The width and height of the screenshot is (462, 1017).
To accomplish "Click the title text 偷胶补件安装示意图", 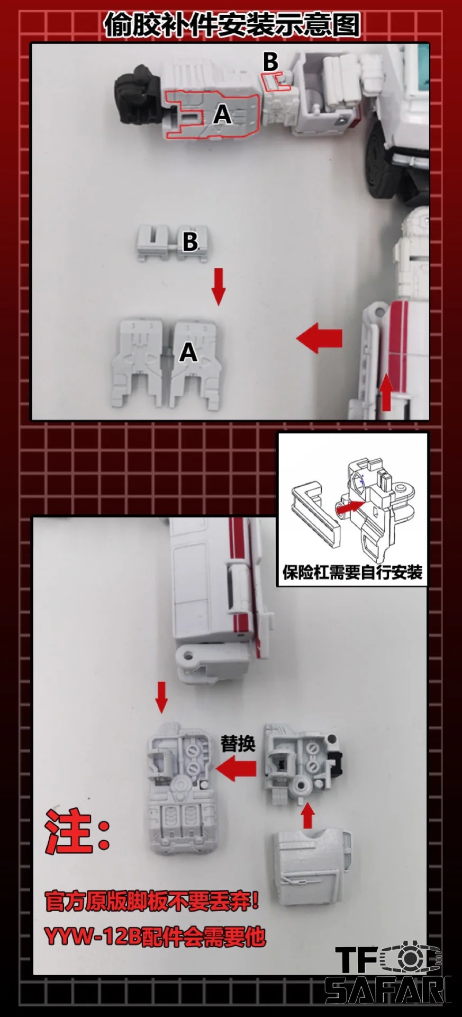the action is [232, 23].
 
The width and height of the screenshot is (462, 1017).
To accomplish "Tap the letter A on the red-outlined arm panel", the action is [223, 114].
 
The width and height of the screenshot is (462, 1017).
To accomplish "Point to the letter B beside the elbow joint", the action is [270, 61].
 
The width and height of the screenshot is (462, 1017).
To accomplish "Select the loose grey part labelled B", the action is [173, 242].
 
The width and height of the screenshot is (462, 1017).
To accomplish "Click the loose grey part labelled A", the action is [166, 363].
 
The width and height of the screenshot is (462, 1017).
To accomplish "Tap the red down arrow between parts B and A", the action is [218, 287].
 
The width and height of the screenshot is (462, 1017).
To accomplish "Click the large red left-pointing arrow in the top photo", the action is [319, 338].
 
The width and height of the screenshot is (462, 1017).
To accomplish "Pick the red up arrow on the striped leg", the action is [387, 391].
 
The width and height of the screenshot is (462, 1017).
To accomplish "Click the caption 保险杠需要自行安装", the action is [352, 573].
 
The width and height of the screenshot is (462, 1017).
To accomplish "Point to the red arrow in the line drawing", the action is [350, 508].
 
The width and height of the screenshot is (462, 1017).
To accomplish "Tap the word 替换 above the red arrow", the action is [238, 744].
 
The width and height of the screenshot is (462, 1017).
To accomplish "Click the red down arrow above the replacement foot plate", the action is [162, 698].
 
